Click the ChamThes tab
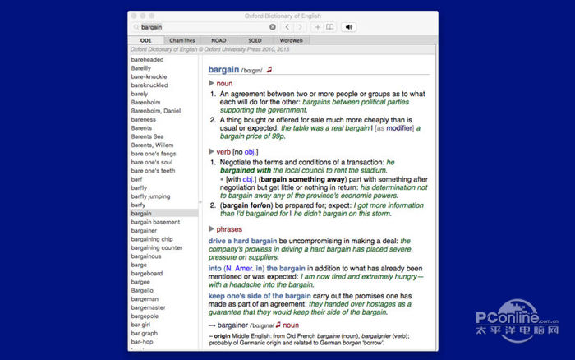point(182,39)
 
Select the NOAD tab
point(219,39)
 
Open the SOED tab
point(255,39)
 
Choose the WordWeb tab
point(292,39)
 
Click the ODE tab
point(146,39)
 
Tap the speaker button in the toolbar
point(348,27)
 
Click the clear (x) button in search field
point(273,27)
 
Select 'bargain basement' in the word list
point(155,222)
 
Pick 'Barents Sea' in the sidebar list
point(147,136)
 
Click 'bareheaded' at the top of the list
point(148,59)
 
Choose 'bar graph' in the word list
point(145,333)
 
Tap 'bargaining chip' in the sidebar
point(152,239)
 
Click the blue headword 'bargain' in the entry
point(223,70)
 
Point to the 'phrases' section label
point(229,228)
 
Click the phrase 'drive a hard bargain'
point(242,241)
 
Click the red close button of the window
point(134,15)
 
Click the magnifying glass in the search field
point(136,27)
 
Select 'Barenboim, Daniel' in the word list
point(155,111)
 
